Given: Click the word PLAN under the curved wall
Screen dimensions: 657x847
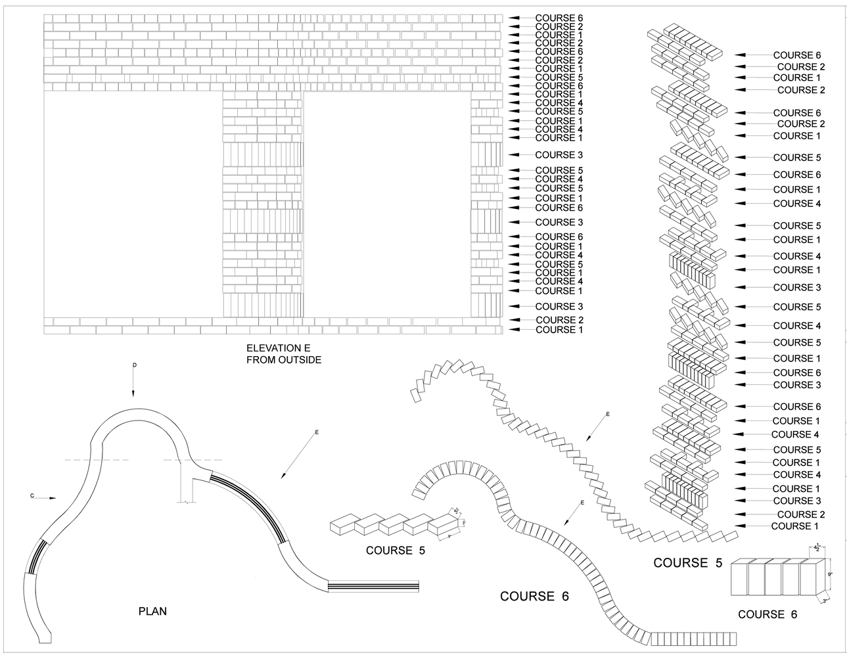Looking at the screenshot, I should pos(152,611).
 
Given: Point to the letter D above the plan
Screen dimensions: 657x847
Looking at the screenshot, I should pos(133,365).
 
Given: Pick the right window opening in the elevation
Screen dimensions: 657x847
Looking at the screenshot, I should pos(387,204).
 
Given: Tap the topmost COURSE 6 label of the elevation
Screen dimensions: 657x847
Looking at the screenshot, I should pos(559,18).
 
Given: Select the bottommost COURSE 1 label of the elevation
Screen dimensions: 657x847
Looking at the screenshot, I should pos(559,330).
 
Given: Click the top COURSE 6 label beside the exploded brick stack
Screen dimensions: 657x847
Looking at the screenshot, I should pos(796,56).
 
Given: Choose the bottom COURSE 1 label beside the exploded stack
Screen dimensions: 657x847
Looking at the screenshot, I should pos(794,526).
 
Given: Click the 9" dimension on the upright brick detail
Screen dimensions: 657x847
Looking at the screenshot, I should pos(831,574).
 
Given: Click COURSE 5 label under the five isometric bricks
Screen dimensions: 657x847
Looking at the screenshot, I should pos(395,551).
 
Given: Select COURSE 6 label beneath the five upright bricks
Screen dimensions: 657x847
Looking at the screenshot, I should pos(767,614).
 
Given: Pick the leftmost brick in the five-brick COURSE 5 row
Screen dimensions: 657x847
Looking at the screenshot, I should pos(342,524).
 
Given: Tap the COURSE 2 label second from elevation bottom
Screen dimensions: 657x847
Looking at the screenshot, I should pos(559,320).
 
